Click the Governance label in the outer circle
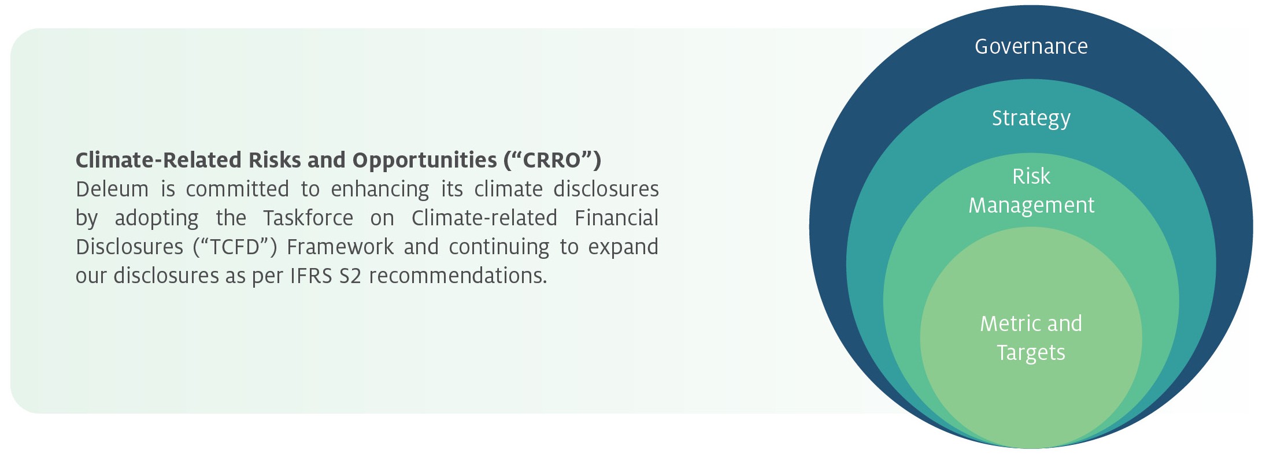[1031, 46]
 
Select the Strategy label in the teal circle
[1031, 118]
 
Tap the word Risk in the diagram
[1031, 176]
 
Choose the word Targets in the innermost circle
[1031, 353]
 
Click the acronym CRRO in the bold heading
[551, 160]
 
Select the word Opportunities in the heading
[425, 161]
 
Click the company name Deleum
[112, 189]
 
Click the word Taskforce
[308, 218]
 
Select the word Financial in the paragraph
[617, 218]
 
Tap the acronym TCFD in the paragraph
[235, 247]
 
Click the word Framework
[340, 247]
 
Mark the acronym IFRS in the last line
[311, 276]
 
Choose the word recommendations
[458, 276]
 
